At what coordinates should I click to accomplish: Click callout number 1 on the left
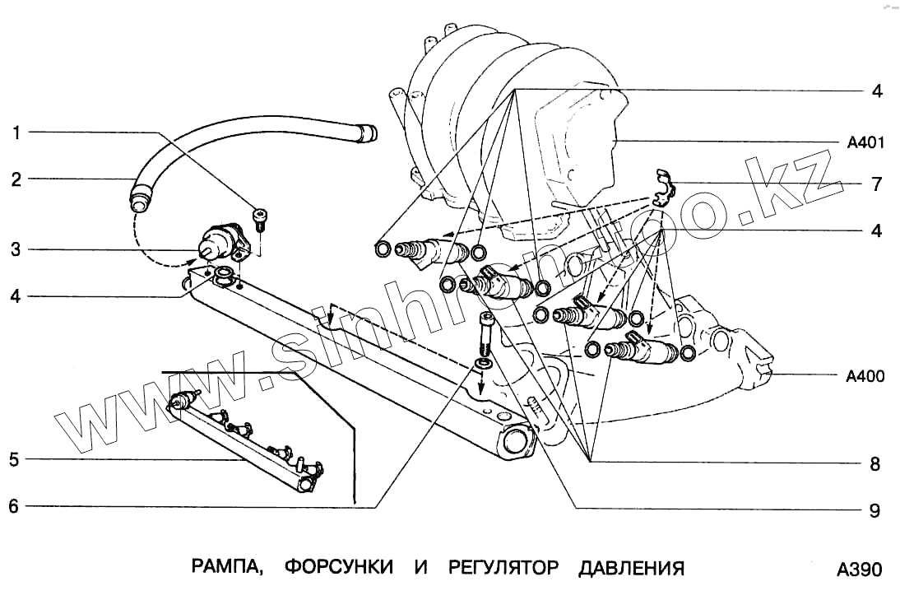(16, 132)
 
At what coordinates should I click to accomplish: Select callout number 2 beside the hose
(16, 178)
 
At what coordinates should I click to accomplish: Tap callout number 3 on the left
(16, 249)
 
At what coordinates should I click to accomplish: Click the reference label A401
(865, 143)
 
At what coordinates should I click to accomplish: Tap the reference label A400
(865, 377)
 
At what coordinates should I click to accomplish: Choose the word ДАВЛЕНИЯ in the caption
(631, 568)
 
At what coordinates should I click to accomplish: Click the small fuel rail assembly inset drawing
(247, 440)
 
